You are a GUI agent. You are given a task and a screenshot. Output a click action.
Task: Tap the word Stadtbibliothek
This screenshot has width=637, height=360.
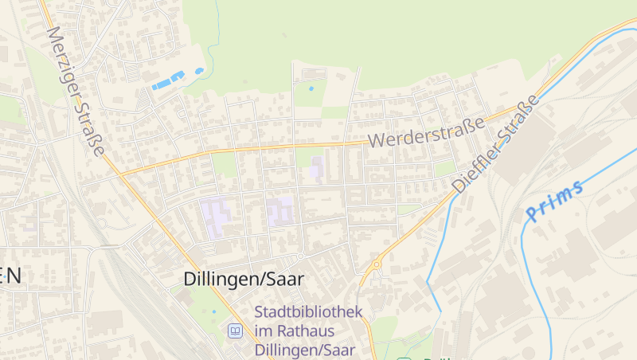coord(308,311)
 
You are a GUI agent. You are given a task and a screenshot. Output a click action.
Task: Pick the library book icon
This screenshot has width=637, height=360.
coord(235,331)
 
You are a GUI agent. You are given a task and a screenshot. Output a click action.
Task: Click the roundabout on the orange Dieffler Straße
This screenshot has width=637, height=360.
coord(376,264)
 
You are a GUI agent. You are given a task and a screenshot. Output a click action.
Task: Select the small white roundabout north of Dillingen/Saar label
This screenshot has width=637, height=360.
coord(301,256)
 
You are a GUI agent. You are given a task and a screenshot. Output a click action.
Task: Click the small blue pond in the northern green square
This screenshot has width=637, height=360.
coord(311,88)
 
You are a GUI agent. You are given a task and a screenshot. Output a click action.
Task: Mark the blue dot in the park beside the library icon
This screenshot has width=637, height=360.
coord(213,311)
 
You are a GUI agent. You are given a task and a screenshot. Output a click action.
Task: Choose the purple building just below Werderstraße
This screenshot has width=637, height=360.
coord(318,168)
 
